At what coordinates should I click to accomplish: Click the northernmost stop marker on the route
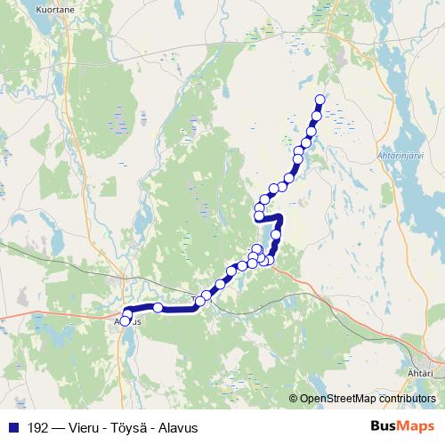coord(320,99)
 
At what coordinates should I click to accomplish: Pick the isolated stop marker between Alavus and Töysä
coord(158,307)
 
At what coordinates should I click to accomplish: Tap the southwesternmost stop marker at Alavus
coord(125,320)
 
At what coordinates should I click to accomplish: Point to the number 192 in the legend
coord(36,426)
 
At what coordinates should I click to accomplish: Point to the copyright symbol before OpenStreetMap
coord(293,399)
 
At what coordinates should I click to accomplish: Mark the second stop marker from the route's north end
coord(316,117)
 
